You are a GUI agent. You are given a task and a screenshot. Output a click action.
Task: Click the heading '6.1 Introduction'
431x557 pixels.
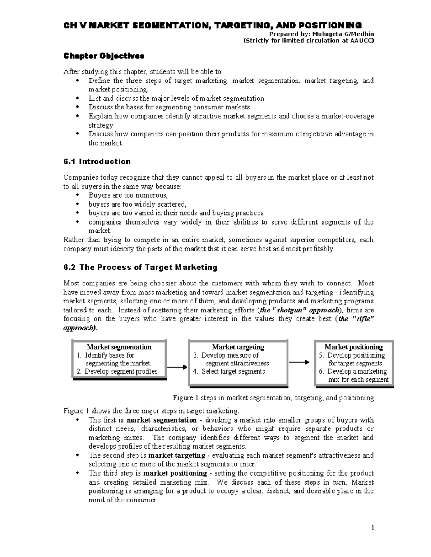pos(97,162)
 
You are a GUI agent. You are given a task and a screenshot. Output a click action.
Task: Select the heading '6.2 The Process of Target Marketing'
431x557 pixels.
pos(140,268)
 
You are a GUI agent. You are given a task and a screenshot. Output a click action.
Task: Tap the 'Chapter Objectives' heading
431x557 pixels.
pos(104,56)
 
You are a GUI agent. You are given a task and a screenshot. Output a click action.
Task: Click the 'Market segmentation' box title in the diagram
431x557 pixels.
pos(119,347)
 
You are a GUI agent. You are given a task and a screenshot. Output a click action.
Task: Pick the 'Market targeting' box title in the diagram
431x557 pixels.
pos(238,347)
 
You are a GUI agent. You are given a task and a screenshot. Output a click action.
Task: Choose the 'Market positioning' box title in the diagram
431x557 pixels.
pos(354,347)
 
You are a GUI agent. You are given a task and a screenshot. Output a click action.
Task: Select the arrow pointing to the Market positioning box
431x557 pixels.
pos(299,362)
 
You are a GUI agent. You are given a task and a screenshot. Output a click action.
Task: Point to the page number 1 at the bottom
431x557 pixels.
pos(373,528)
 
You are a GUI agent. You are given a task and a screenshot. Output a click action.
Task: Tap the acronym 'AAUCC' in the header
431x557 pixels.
pos(361,41)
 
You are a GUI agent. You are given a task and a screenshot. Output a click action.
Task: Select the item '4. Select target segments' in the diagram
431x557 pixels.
pos(229,372)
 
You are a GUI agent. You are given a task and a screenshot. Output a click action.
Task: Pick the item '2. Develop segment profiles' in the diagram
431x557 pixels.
pos(117,372)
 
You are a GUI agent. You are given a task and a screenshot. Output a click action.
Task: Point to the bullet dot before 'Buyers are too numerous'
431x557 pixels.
pos(78,195)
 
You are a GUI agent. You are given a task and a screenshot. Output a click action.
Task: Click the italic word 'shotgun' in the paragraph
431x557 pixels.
pos(291,310)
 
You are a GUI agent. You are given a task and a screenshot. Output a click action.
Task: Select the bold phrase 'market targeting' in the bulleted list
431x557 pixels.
pos(177,455)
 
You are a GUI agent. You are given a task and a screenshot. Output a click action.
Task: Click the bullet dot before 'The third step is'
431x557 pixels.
pos(78,473)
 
